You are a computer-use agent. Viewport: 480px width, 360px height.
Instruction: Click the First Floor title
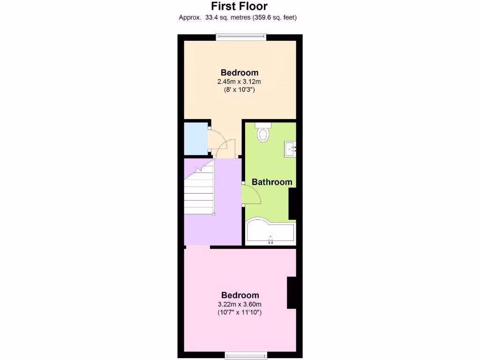point(239,6)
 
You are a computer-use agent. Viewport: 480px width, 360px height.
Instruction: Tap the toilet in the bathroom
point(263,133)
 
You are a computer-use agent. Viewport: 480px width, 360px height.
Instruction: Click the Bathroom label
point(272,182)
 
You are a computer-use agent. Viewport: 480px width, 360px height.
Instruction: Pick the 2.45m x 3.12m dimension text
point(239,82)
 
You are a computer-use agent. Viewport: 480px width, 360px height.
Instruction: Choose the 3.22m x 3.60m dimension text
point(240,304)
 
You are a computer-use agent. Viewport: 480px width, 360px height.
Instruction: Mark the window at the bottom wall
point(246,354)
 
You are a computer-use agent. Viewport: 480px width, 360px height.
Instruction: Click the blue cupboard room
point(195,138)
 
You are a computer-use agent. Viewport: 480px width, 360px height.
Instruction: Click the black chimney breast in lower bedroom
point(292,292)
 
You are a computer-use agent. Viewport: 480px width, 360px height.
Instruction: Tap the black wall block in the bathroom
point(292,204)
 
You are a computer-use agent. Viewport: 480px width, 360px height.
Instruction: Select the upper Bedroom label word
point(239,73)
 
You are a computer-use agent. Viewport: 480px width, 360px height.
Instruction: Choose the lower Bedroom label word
point(240,295)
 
